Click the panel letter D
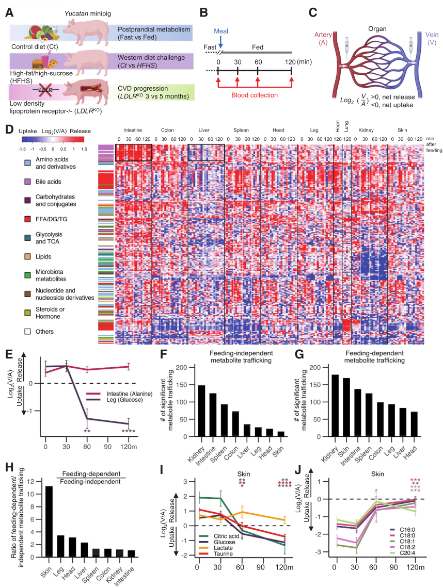[9, 128]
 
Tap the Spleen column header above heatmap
[241, 130]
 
